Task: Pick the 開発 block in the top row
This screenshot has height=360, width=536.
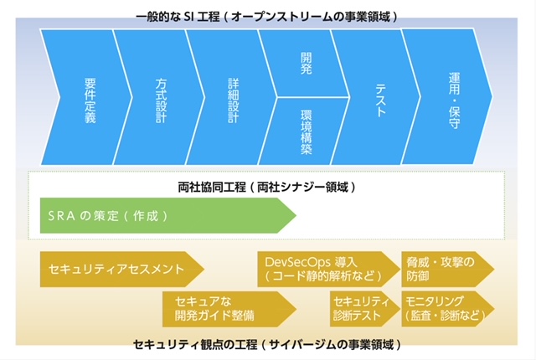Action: tap(305, 63)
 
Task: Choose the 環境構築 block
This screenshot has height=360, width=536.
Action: tap(305, 131)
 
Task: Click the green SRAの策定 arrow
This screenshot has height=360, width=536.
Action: tap(167, 215)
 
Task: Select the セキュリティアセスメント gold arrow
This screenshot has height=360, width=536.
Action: tap(122, 269)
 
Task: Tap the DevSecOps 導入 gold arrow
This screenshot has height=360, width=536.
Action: tap(328, 269)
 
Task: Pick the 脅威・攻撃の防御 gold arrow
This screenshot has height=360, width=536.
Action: tap(448, 269)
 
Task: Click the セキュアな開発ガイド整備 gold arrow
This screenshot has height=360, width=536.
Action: tap(229, 309)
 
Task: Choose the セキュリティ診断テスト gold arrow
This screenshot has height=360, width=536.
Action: tap(365, 309)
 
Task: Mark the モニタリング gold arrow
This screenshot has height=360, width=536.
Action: tap(448, 309)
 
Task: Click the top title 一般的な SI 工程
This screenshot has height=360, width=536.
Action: tap(178, 17)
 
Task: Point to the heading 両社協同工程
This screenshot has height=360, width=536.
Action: tap(212, 188)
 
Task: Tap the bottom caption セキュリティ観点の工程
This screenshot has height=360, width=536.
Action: tap(195, 344)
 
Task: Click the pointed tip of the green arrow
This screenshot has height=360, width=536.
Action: tap(296, 215)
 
